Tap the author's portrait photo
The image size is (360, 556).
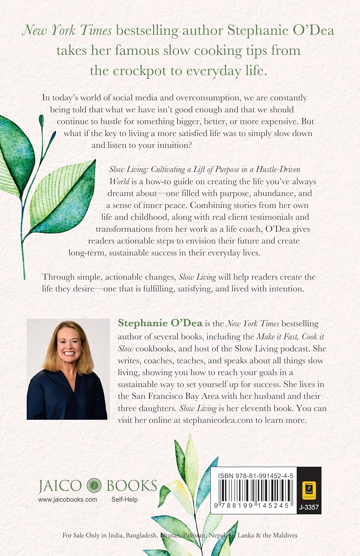pos(68,369)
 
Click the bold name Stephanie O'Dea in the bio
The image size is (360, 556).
pos(160,323)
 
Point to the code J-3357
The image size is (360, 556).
pos(309,507)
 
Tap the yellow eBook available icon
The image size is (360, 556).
pos(309,490)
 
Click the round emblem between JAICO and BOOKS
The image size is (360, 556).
pos(94,486)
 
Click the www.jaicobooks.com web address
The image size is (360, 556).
pos(67,500)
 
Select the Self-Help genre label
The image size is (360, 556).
pos(125,500)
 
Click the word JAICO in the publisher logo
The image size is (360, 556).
pos(60,486)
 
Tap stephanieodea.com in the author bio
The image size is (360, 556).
pos(218,420)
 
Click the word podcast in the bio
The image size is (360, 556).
pos(294,349)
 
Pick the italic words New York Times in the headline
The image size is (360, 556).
pos(67,30)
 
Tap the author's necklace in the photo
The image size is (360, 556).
pos(69,380)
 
